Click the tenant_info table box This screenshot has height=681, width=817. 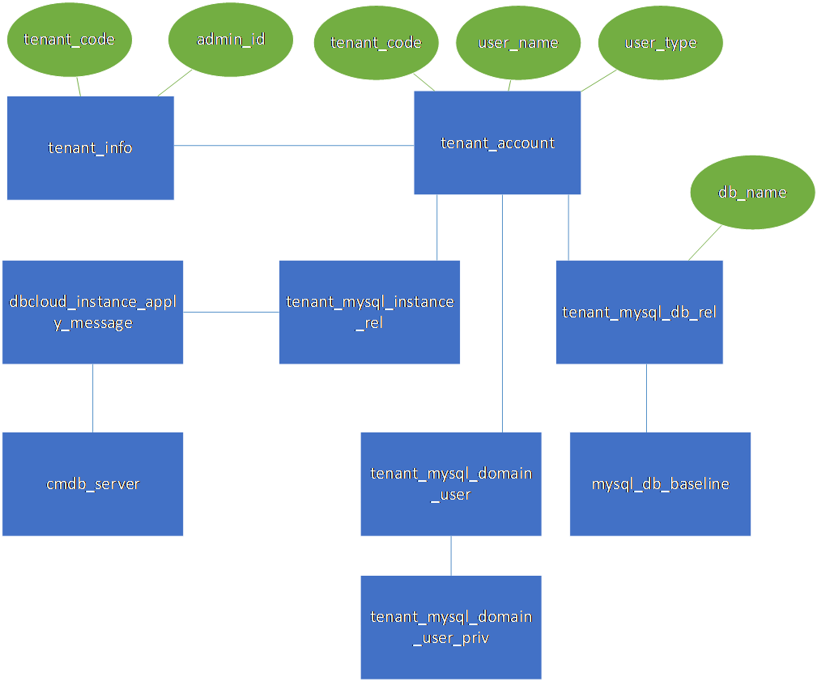coord(90,147)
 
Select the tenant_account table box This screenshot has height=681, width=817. coord(497,143)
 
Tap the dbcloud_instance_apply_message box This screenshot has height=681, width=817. coord(92,312)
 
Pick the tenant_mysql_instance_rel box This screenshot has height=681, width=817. coord(369,312)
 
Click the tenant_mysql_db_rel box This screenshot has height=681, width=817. coord(639,312)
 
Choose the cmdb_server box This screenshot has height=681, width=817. coord(92,483)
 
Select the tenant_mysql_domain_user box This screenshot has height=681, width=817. coord(450,483)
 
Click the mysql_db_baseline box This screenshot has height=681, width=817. coord(660,483)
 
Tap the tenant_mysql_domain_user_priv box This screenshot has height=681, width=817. coord(450,627)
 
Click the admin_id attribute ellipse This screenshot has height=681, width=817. coord(231,40)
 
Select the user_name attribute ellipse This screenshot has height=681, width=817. coord(518,43)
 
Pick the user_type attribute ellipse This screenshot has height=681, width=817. coord(660,43)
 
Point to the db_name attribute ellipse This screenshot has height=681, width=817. coord(752,192)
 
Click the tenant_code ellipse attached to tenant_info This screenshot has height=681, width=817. coord(69,40)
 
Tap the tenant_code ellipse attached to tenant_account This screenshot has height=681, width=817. coord(376,43)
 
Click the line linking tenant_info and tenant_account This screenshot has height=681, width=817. coord(294,147)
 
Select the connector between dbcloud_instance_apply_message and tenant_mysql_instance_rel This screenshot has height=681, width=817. coord(232,312)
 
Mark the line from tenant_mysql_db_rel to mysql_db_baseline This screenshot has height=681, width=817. coord(646,398)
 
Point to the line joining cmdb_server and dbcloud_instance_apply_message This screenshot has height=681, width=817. coord(93,398)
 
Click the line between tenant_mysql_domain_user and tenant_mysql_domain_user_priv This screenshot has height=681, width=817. coord(451,555)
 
